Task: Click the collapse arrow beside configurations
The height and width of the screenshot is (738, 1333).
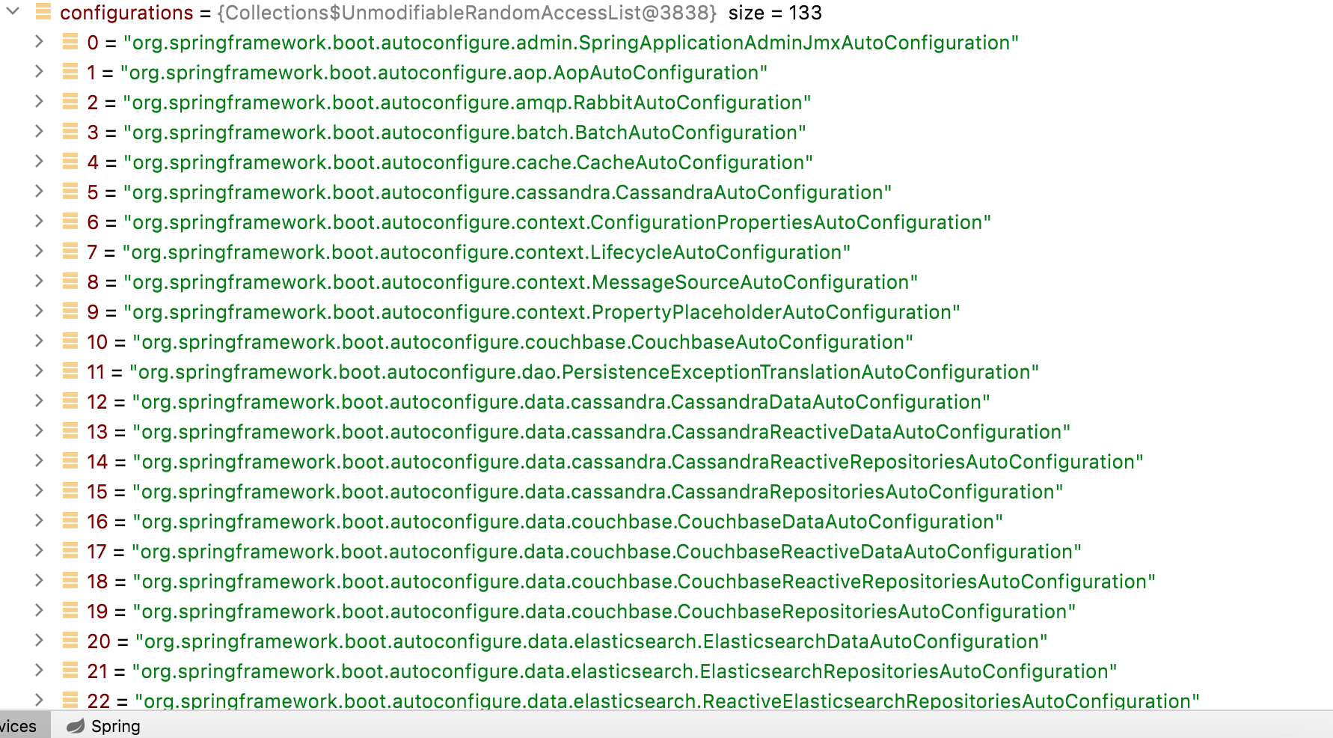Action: tap(13, 12)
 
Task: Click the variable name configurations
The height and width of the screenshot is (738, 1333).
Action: tap(126, 13)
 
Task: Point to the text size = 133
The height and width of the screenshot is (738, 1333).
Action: tap(775, 13)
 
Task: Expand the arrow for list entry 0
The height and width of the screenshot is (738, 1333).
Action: tap(39, 42)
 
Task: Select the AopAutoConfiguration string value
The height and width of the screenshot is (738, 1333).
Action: tap(444, 73)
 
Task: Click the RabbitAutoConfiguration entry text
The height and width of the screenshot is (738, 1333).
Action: tap(467, 103)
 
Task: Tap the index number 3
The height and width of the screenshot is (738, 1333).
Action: tap(93, 132)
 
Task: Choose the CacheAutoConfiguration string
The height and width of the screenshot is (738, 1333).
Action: tap(468, 162)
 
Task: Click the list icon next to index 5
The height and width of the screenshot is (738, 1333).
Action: tap(70, 192)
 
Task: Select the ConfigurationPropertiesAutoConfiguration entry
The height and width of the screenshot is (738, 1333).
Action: tap(557, 222)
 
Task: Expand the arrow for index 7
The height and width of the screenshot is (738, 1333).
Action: tap(39, 251)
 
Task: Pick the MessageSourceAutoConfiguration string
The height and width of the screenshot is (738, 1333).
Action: tap(521, 282)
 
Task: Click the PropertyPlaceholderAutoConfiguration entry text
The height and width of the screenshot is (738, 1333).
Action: tap(542, 312)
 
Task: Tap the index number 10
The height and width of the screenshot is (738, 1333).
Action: tap(97, 342)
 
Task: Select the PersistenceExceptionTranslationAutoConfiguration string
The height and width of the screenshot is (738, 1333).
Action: tap(584, 372)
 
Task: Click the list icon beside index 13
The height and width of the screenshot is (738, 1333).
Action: tap(70, 431)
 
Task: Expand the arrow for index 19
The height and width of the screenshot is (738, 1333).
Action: tap(39, 611)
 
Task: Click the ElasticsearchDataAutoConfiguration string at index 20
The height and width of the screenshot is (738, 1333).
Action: tap(592, 641)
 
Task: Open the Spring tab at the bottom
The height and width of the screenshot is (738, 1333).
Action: tap(104, 726)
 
